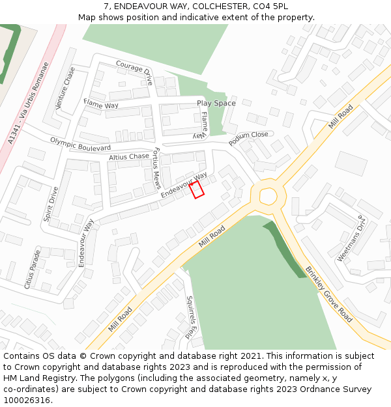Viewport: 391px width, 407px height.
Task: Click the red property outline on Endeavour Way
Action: tap(197, 189)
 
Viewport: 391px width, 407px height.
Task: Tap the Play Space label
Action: tap(216, 104)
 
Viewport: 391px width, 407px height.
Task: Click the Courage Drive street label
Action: tap(134, 72)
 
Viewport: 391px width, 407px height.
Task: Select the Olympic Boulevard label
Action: tap(80, 145)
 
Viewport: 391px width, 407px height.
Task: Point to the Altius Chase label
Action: tap(129, 157)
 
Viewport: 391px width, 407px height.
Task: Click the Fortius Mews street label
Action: tap(156, 169)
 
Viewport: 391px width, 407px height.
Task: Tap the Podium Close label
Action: tap(248, 138)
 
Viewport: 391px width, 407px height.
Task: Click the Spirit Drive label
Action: tap(51, 204)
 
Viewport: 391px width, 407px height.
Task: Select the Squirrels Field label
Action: tap(190, 317)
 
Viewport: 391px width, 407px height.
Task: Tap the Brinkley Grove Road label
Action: tap(329, 294)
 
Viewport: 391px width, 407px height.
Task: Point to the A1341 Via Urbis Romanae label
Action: tap(29, 104)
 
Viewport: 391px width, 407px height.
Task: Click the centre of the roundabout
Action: tap(268, 195)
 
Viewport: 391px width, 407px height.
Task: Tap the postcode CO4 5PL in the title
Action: tap(270, 7)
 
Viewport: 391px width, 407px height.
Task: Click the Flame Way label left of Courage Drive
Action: tap(101, 104)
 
